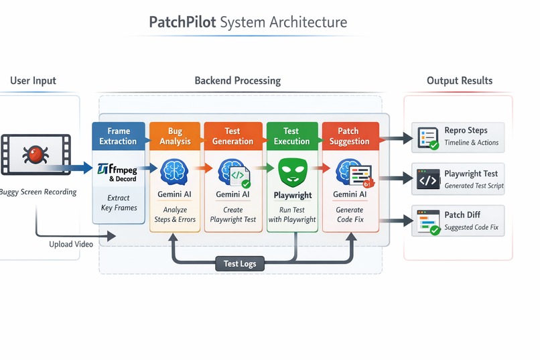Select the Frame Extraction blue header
click(x=118, y=136)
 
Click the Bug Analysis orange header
click(x=176, y=136)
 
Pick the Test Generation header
click(x=232, y=136)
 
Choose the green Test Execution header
click(x=291, y=136)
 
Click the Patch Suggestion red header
click(x=349, y=136)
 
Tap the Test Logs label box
click(x=241, y=264)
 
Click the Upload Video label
click(x=71, y=244)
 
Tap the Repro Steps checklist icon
click(x=427, y=137)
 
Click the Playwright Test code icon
click(x=427, y=178)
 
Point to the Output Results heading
click(x=460, y=80)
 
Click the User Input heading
click(x=33, y=80)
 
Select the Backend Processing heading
click(x=238, y=80)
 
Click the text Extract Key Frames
click(x=118, y=203)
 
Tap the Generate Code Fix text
click(x=350, y=215)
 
